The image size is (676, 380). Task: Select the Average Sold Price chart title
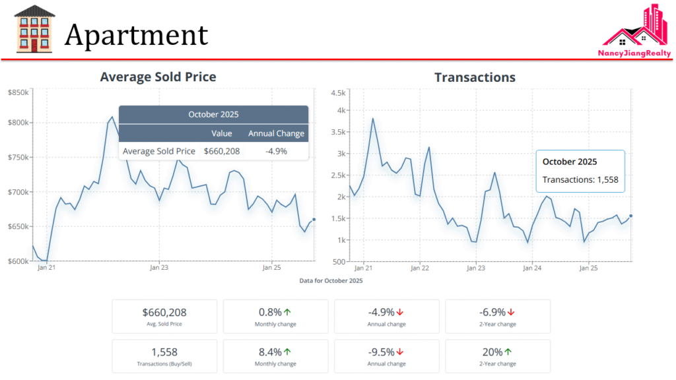(158, 77)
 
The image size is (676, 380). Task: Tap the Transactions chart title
(475, 78)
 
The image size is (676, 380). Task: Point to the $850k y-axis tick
(18, 92)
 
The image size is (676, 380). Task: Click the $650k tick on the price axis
(18, 226)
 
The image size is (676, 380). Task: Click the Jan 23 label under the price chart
(159, 268)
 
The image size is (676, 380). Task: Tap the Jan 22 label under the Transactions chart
(420, 269)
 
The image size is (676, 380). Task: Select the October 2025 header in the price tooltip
(213, 114)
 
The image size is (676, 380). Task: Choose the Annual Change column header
(276, 134)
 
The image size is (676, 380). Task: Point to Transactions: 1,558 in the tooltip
(580, 179)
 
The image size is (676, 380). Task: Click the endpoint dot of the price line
(314, 220)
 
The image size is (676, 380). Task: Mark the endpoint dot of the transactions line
(631, 216)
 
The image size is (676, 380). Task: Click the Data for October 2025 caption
(331, 280)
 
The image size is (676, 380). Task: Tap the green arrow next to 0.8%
(288, 312)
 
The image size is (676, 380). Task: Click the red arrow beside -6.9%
(511, 312)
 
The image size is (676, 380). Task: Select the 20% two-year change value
(493, 352)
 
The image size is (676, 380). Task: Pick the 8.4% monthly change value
(270, 352)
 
